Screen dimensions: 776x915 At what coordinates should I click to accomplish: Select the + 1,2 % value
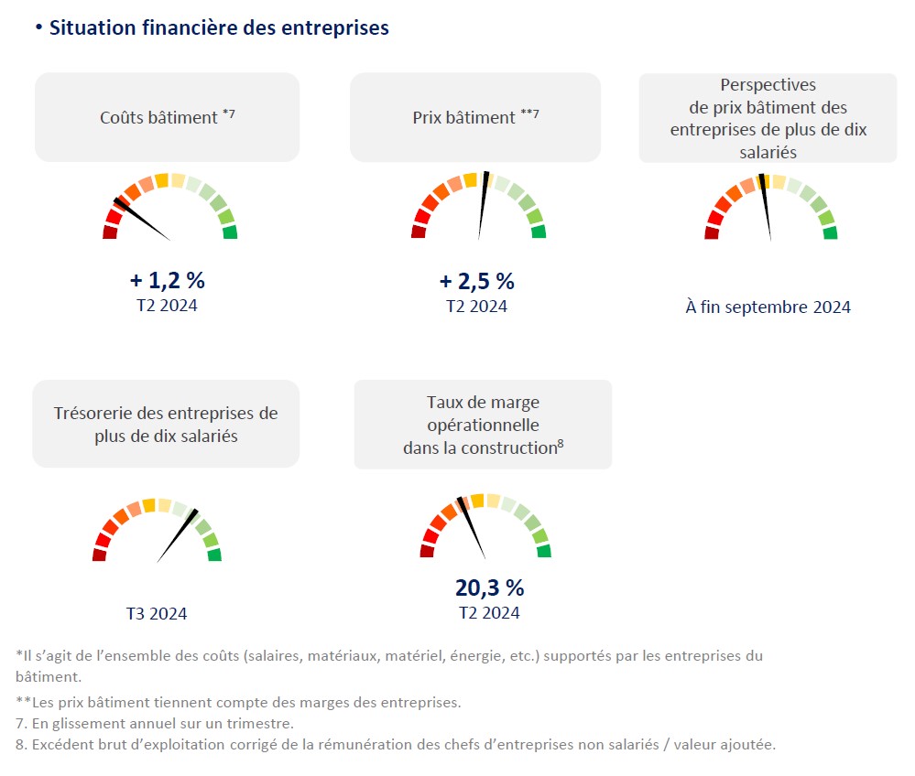tap(166, 281)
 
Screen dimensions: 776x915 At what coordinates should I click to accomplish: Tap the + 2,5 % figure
tap(476, 281)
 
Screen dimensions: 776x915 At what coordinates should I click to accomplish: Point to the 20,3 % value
tap(489, 587)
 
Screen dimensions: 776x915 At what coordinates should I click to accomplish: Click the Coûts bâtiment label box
tap(167, 117)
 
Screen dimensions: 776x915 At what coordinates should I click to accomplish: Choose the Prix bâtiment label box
tap(474, 117)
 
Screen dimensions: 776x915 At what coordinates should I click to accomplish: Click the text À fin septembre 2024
tap(768, 307)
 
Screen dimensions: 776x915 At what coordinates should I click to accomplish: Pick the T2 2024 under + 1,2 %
tap(166, 306)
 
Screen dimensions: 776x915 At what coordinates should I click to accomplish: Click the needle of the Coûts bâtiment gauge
tap(141, 219)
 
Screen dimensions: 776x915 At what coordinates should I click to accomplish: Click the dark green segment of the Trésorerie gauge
tap(214, 555)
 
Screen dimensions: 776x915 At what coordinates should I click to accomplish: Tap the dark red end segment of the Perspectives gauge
tap(711, 233)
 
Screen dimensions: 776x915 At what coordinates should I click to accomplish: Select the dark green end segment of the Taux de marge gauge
tap(544, 551)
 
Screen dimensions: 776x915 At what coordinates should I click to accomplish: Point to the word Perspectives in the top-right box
tap(768, 86)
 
